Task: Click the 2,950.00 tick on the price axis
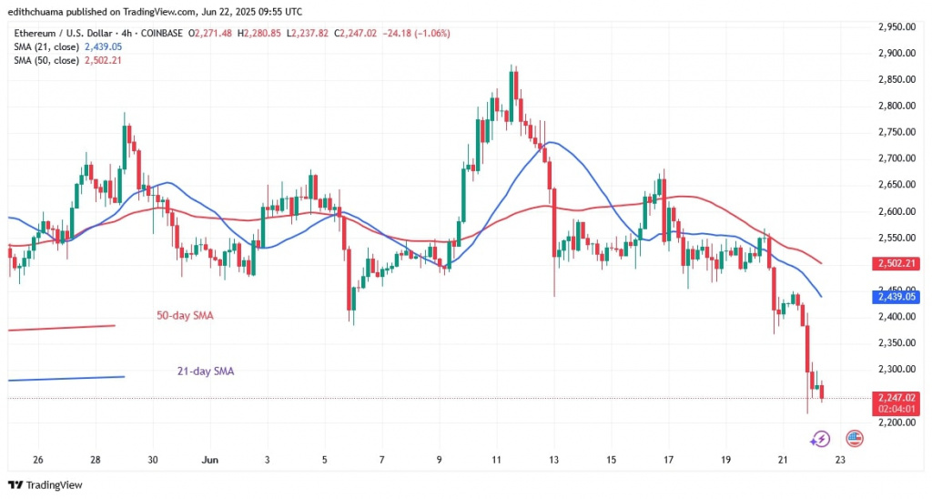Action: pos(896,26)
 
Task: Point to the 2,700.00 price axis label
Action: pos(896,158)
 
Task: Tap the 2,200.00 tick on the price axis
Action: pos(896,423)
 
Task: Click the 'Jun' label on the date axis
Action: pos(207,459)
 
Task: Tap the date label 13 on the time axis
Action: pos(554,459)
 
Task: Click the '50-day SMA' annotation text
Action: pos(186,315)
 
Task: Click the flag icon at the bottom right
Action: pos(855,438)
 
